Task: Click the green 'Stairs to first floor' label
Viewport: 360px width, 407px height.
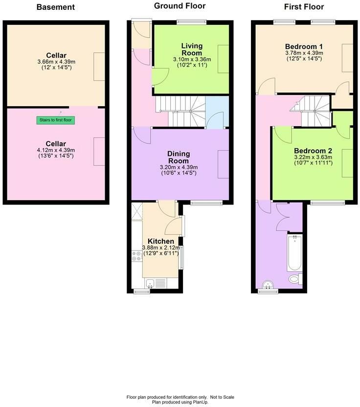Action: pyautogui.click(x=56, y=120)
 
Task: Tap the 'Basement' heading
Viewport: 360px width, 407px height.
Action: pyautogui.click(x=56, y=7)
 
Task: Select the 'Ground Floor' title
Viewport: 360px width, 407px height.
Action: pyautogui.click(x=180, y=6)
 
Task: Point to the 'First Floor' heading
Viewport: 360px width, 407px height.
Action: pyautogui.click(x=304, y=7)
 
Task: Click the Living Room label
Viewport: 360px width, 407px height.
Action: pyautogui.click(x=192, y=49)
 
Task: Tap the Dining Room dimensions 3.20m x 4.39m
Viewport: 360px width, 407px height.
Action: pyautogui.click(x=179, y=167)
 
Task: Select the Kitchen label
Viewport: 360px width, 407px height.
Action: pyautogui.click(x=161, y=241)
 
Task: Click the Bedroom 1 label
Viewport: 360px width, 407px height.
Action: pyautogui.click(x=304, y=47)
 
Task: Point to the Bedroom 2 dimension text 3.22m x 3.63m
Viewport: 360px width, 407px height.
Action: pyautogui.click(x=313, y=158)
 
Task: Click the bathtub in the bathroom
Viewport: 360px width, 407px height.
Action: pyautogui.click(x=295, y=253)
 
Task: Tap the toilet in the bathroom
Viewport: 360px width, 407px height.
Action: pyautogui.click(x=295, y=279)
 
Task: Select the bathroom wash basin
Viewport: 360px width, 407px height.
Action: pyautogui.click(x=268, y=285)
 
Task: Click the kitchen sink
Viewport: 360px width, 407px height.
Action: pyautogui.click(x=156, y=283)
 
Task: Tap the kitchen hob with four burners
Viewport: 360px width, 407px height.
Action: pyautogui.click(x=137, y=256)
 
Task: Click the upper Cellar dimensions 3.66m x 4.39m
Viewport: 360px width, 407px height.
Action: pyautogui.click(x=56, y=62)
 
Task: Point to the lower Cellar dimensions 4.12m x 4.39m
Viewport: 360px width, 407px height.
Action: pyautogui.click(x=56, y=150)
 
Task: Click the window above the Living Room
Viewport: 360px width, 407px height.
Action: pyautogui.click(x=192, y=23)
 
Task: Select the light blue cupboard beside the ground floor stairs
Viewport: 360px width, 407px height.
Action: pyautogui.click(x=217, y=112)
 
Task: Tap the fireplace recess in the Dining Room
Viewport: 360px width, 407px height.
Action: pyautogui.click(x=223, y=164)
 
